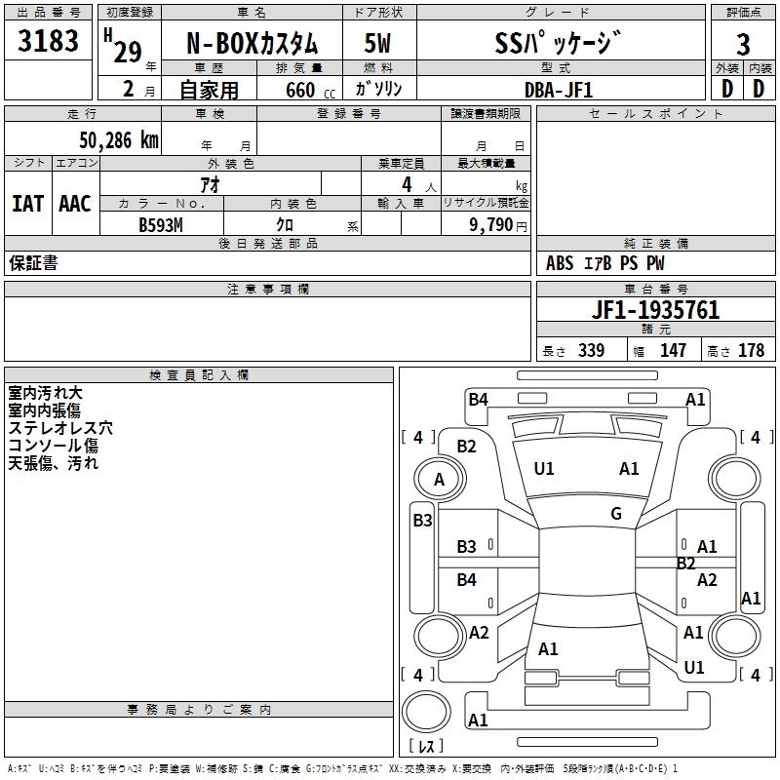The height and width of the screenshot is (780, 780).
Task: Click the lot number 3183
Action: (48, 41)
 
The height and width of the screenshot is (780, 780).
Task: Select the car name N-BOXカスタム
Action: (252, 44)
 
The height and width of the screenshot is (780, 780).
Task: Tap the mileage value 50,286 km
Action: (119, 140)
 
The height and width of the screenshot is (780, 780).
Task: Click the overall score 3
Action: (743, 45)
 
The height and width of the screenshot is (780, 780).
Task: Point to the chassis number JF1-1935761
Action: (655, 310)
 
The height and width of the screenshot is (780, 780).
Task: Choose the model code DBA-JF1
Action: (559, 90)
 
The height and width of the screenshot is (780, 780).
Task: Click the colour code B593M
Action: (161, 225)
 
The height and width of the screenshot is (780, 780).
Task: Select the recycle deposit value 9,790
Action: (491, 225)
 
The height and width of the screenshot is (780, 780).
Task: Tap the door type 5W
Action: (377, 44)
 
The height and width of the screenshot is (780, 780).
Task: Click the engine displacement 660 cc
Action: (310, 91)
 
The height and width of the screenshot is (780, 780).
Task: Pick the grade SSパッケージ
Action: (558, 43)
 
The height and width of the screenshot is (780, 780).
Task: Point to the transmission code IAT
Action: (28, 204)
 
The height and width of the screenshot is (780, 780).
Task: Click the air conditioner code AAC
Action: (75, 204)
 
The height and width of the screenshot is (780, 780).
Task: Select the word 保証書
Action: (33, 263)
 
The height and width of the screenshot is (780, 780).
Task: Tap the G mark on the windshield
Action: (616, 514)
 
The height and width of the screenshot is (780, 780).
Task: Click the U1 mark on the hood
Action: (544, 469)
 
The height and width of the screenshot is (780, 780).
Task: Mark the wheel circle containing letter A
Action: (440, 479)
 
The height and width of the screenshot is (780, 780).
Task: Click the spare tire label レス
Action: (426, 746)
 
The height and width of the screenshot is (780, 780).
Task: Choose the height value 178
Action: (751, 351)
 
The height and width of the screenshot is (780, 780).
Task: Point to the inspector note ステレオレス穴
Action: (60, 428)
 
